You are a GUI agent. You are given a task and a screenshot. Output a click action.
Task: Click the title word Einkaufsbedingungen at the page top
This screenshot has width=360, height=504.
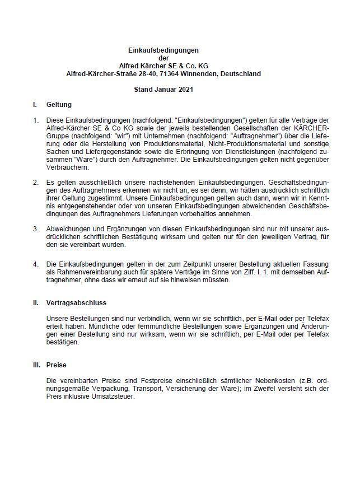163,50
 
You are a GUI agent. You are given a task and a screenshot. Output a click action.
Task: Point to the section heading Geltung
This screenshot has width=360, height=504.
59,105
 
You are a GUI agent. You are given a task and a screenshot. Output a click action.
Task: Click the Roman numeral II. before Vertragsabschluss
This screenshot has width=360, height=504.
35,302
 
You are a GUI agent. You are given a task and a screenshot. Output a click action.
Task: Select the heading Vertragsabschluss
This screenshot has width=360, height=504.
76,302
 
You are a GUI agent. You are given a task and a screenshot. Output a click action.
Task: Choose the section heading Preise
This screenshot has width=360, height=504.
57,365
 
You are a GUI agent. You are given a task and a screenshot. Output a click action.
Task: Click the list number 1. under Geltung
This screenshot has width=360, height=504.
35,120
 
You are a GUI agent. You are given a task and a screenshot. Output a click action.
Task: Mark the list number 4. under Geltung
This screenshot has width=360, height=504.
35,264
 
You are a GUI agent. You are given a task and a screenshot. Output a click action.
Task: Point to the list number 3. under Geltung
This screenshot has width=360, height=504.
35,229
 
